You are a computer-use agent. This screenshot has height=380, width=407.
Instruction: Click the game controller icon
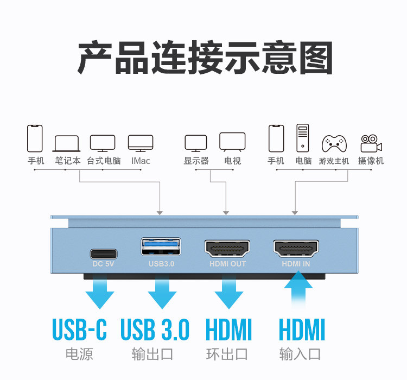(x=334, y=144)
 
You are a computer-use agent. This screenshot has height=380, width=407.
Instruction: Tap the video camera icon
(x=371, y=143)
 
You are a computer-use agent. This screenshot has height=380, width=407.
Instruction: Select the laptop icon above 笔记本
(x=66, y=143)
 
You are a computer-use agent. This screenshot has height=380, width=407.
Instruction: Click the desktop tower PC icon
(x=303, y=138)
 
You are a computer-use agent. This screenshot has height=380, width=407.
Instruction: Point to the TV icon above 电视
(x=232, y=142)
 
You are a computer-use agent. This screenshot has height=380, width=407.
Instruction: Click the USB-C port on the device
(x=104, y=254)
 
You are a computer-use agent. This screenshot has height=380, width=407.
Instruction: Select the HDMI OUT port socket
(x=227, y=249)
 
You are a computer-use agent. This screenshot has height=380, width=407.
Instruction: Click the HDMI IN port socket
(x=296, y=249)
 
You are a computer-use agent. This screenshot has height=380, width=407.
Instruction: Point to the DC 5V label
(x=103, y=264)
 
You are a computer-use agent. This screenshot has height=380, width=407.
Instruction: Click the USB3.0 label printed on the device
(x=162, y=264)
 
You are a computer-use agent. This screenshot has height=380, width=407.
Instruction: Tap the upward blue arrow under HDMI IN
(x=298, y=289)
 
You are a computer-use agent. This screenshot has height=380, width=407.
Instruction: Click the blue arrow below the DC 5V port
(x=100, y=292)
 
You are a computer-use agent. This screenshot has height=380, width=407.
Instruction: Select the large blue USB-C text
(x=79, y=330)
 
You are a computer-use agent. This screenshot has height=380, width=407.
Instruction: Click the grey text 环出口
(x=227, y=354)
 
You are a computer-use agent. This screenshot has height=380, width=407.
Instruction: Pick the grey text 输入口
(x=300, y=354)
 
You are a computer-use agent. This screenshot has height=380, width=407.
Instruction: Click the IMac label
(x=141, y=161)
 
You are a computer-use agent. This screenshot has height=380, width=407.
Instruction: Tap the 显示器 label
(x=196, y=161)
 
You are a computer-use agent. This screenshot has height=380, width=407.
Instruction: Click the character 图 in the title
(x=316, y=58)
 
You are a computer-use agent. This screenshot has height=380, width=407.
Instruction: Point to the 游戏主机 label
(x=334, y=161)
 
